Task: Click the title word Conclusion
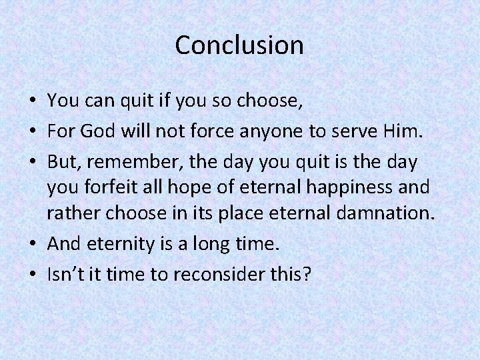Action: (x=239, y=45)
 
